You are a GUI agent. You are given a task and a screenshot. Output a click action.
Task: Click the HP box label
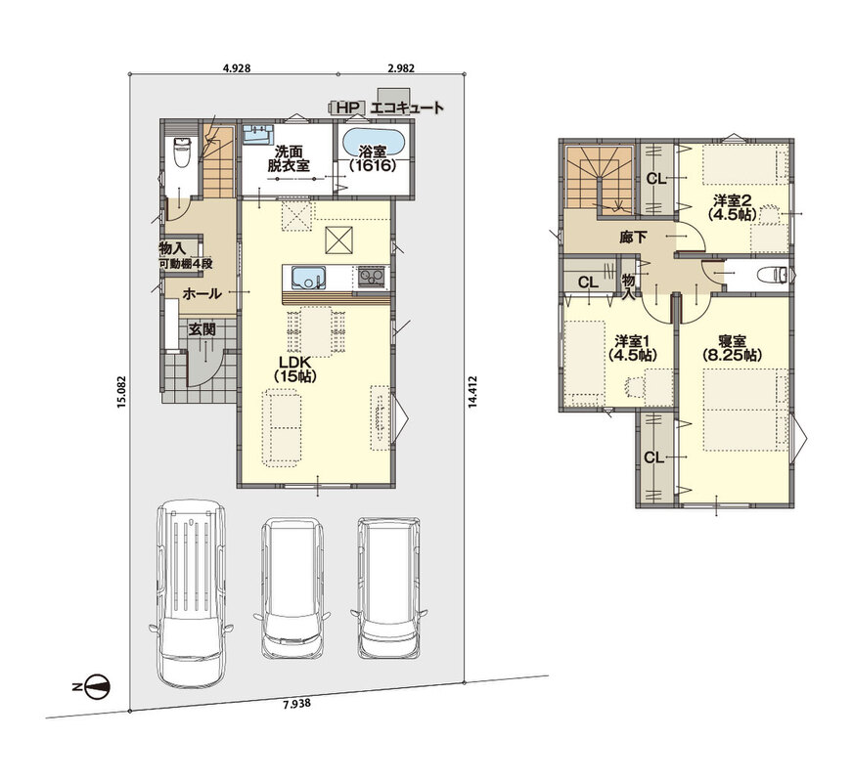click(347, 108)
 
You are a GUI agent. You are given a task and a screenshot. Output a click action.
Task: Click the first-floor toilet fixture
click(180, 152)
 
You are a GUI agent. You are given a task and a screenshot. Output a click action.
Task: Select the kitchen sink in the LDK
click(308, 279)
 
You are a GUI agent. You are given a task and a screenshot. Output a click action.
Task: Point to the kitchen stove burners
click(371, 279)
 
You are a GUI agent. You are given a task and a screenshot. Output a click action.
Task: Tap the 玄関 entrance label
click(202, 329)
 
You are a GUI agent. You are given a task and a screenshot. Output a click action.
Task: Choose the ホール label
click(202, 294)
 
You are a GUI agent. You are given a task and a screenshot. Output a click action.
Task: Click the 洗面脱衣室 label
click(289, 158)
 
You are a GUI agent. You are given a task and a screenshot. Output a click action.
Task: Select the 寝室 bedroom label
click(732, 348)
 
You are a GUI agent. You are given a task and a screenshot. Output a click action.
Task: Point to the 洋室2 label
click(733, 207)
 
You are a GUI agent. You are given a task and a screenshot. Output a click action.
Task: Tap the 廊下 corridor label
click(633, 237)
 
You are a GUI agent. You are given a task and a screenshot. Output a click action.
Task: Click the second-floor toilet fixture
click(774, 275)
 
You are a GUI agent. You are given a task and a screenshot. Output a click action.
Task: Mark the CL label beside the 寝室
click(653, 458)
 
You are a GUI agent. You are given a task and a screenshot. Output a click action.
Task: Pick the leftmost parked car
click(191, 594)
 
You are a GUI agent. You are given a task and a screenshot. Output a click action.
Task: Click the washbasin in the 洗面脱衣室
click(257, 134)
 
